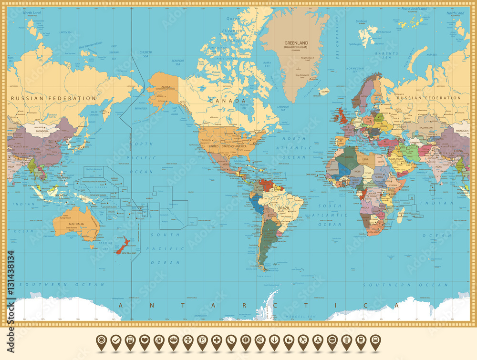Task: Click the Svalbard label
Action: coord(361,21)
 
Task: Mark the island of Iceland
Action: coord(324,91)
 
